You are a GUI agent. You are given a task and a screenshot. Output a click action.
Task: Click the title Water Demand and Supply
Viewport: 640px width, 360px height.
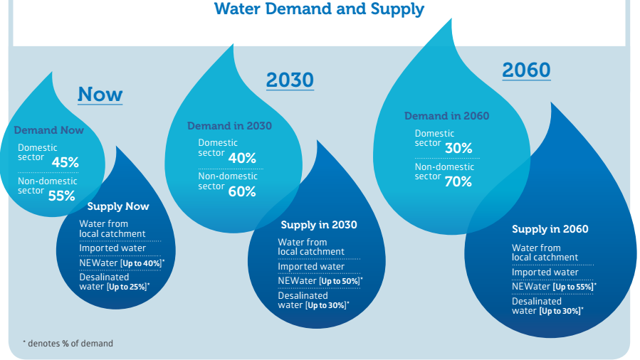319,9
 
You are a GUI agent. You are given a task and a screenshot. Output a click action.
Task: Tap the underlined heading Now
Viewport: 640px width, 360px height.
100,94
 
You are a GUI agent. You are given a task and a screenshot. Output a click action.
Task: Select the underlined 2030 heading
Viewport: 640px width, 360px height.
290,80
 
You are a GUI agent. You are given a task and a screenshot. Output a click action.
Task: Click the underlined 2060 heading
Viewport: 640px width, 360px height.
526,70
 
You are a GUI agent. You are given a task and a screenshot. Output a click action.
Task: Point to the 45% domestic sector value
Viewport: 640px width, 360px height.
65,162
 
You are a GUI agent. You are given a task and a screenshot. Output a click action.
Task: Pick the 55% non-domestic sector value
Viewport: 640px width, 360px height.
62,196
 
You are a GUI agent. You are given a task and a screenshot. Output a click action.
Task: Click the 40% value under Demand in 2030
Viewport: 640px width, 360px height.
242,158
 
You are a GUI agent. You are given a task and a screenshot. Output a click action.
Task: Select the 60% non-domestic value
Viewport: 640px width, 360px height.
241,191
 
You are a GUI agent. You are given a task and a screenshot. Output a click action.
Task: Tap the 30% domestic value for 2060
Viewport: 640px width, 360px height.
458,148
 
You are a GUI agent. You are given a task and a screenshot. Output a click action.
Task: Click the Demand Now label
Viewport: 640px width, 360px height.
48,130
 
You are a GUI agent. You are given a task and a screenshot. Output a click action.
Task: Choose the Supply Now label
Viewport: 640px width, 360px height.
118,206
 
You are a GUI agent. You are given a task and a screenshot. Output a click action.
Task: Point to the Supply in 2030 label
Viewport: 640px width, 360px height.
319,225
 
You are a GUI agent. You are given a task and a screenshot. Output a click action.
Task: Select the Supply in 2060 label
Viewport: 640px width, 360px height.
550,229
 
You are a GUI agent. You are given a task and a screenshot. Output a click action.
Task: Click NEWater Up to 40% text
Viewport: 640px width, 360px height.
122,263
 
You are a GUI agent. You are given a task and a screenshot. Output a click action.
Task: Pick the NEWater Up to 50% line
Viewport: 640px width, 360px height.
320,281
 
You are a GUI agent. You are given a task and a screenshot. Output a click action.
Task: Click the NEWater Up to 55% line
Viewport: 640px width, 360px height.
554,287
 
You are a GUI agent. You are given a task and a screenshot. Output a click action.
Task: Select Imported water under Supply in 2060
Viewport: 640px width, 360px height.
545,272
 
